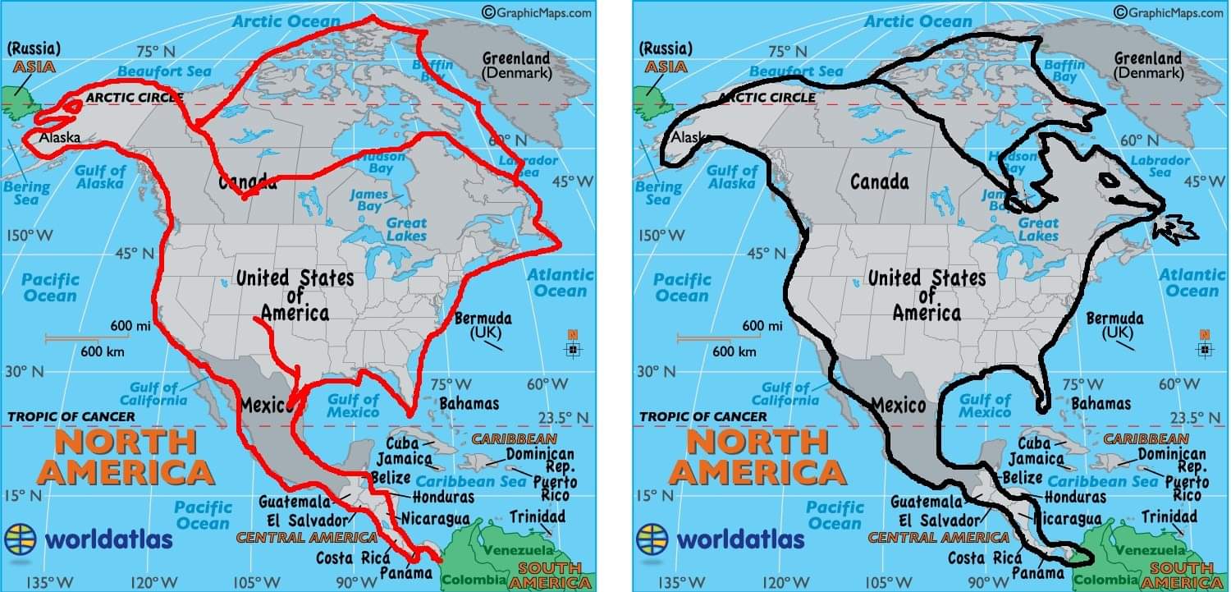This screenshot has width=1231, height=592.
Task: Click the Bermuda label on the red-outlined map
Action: pyautogui.click(x=482, y=319)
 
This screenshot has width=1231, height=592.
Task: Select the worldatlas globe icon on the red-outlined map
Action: pyautogui.click(x=21, y=539)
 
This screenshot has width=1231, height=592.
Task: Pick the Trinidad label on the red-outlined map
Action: pyautogui.click(x=537, y=516)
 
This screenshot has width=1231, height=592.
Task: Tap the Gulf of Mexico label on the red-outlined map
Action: pyautogui.click(x=353, y=406)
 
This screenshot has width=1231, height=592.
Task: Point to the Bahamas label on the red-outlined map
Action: pyautogui.click(x=469, y=403)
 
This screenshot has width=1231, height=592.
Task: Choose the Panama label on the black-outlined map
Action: pyautogui.click(x=1038, y=572)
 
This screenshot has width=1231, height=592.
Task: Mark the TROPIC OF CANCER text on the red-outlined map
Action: pyautogui.click(x=71, y=417)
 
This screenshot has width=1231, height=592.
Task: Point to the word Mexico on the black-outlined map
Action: pyautogui.click(x=898, y=404)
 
